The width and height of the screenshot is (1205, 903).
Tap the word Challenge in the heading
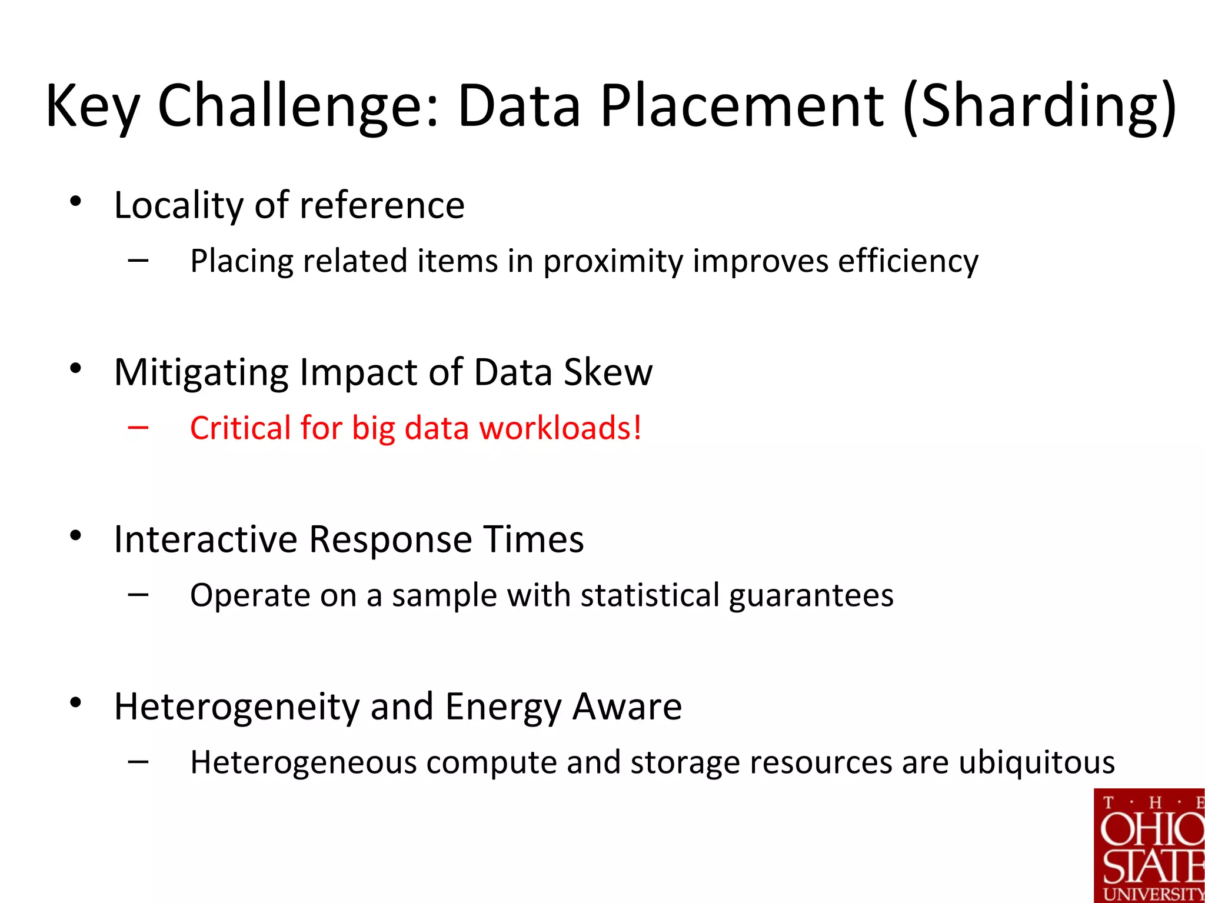297,106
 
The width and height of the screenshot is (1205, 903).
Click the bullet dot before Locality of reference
75,202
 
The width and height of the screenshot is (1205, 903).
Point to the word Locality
178,206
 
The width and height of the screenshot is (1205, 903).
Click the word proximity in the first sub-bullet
613,261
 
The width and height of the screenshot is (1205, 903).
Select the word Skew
608,372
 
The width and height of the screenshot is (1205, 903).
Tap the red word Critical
240,428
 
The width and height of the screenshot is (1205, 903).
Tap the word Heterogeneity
237,707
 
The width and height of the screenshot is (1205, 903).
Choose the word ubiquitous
1036,763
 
